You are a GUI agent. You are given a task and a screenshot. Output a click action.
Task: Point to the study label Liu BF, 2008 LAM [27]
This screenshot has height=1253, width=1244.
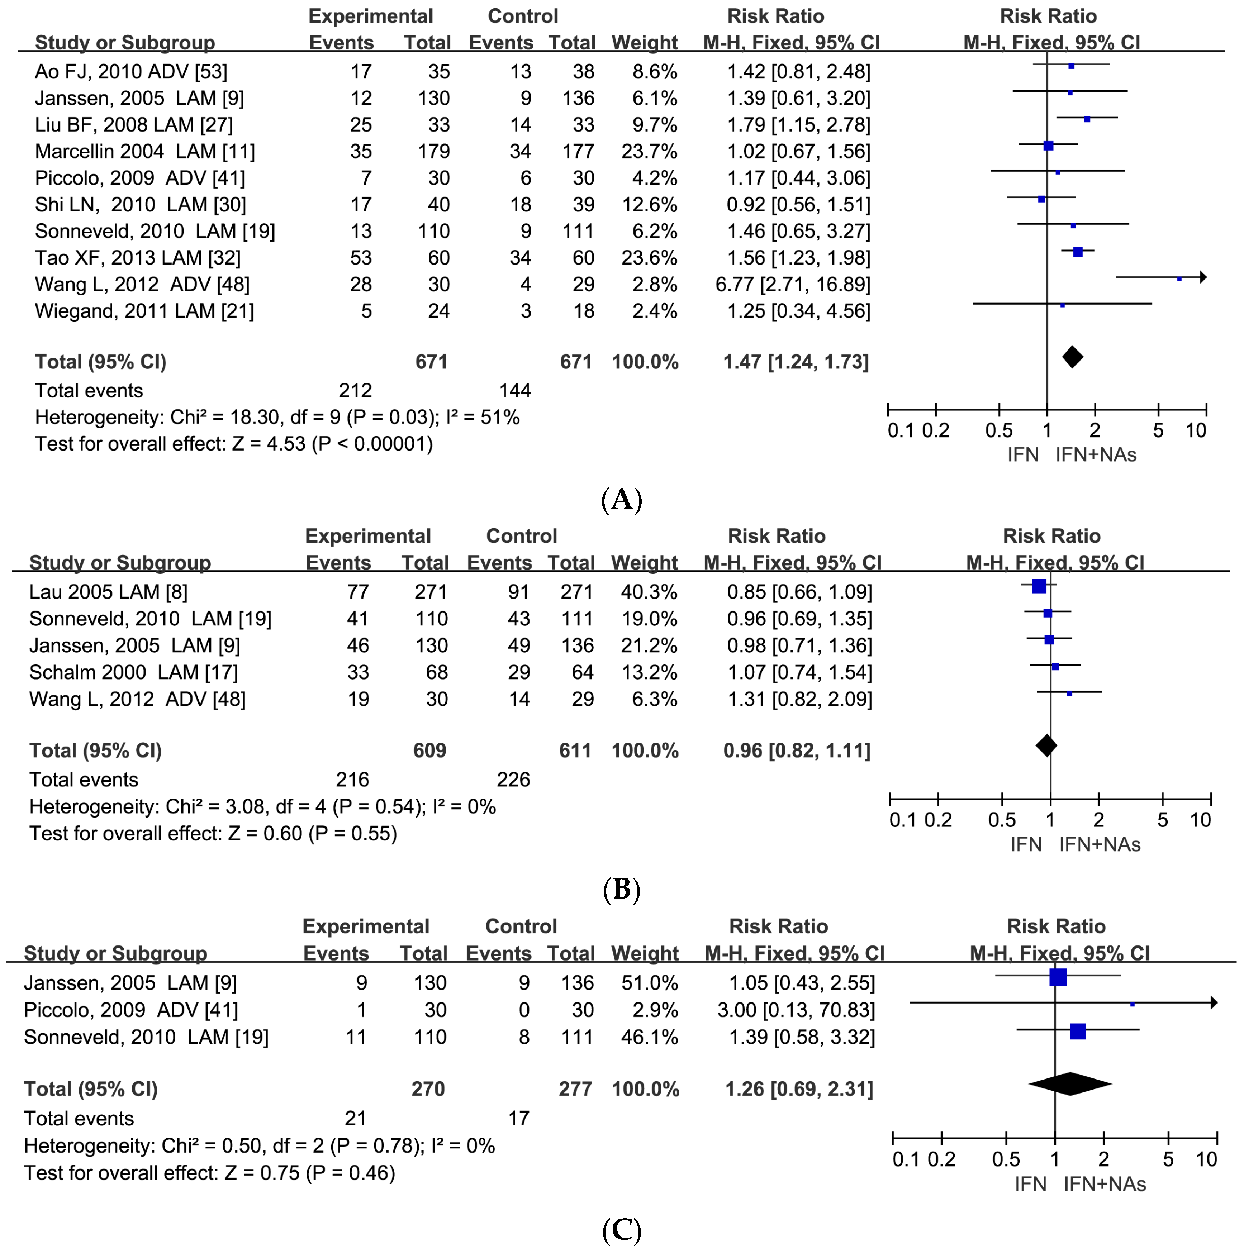click(x=134, y=124)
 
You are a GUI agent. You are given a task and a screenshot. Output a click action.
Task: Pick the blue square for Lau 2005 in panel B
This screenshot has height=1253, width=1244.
click(x=1038, y=586)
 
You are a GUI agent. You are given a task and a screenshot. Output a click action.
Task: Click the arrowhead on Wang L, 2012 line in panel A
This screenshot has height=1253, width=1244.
click(x=1203, y=277)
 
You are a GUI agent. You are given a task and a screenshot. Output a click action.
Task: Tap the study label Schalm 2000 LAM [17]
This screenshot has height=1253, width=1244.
click(x=134, y=672)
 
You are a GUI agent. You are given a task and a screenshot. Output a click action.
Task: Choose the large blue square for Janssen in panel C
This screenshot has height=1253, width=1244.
click(x=1058, y=977)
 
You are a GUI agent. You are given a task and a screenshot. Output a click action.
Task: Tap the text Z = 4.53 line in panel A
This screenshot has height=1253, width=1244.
click(x=233, y=444)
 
